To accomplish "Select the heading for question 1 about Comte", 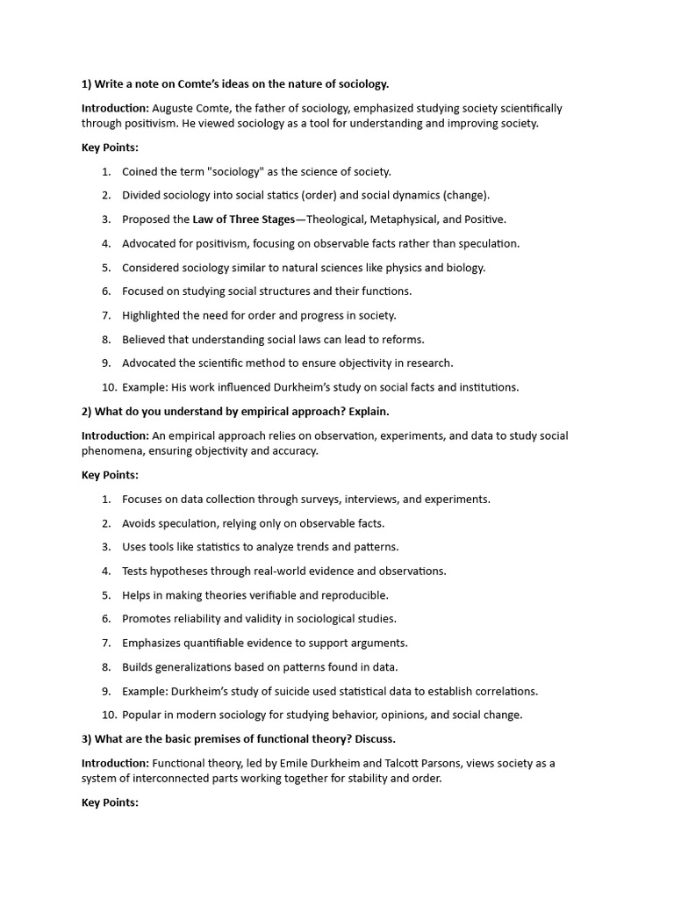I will (235, 84).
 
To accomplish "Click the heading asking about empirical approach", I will (235, 411).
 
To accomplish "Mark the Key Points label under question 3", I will (110, 802).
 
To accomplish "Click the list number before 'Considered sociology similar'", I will (106, 267).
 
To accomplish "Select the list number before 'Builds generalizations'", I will (106, 666).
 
